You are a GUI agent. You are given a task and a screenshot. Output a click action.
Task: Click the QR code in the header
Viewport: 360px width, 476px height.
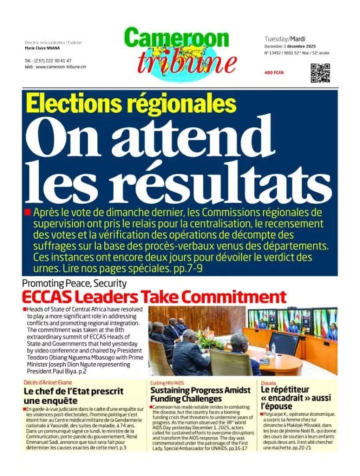320,73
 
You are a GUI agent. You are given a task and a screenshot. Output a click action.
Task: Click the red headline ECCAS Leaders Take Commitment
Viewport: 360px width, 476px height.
154,296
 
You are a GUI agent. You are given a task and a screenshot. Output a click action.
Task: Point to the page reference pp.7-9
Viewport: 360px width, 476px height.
190,268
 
